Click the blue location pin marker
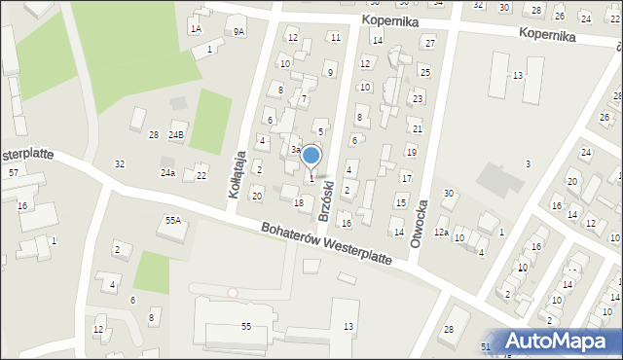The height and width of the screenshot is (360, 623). tap(311, 156)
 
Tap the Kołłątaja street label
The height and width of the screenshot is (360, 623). tap(236, 174)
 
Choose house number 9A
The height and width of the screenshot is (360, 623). tap(238, 32)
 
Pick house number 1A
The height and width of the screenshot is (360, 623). tap(196, 29)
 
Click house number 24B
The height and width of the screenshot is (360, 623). tap(176, 134)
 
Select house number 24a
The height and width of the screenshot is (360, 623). tap(167, 173)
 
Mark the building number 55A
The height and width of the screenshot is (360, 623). tap(172, 221)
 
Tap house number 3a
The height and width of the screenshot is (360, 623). tap(295, 150)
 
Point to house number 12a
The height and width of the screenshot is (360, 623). tap(441, 233)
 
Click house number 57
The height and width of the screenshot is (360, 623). tap(14, 172)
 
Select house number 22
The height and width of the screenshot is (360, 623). tap(202, 175)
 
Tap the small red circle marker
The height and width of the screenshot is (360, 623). tap(232, 292)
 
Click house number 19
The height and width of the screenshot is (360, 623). tap(412, 152)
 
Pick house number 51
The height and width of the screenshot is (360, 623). tap(486, 346)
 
